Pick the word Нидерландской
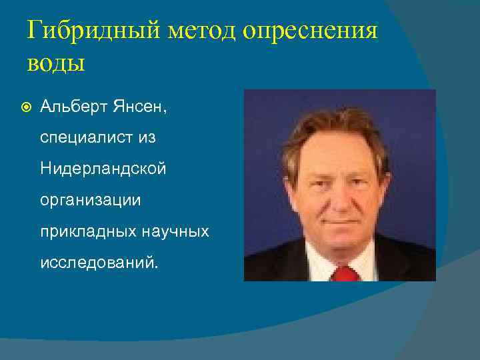[103, 169]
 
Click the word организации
[91, 200]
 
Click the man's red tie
[344, 273]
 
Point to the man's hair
[333, 123]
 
